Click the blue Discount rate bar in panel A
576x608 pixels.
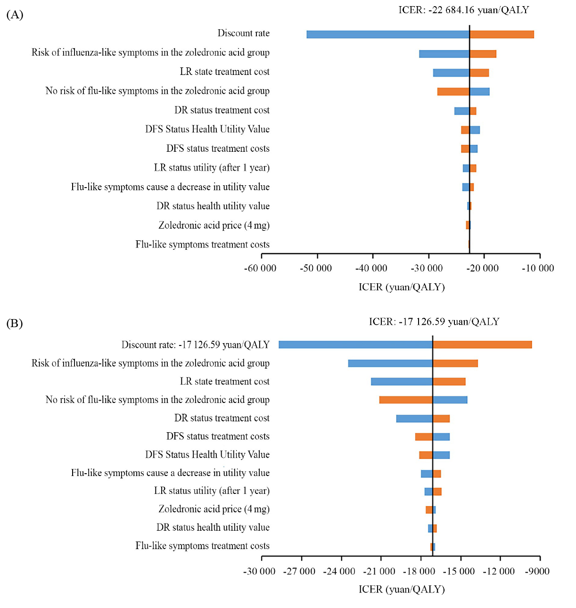coord(387,34)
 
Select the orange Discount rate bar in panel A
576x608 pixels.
coord(502,34)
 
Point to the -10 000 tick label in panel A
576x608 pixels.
coord(538,269)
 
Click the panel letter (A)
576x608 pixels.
coord(15,15)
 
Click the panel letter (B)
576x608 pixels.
coord(15,323)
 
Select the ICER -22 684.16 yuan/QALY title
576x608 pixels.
coord(463,10)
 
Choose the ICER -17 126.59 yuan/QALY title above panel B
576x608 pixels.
coord(434,322)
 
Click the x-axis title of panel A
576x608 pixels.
coord(402,287)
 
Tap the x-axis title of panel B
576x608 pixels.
coord(402,589)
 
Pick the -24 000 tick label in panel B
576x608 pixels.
coord(339,572)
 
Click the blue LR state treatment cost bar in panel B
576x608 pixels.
coord(402,382)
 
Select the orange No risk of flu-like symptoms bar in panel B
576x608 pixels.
coord(406,400)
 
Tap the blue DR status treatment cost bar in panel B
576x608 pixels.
coord(414,419)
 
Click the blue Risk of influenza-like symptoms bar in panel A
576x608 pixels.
coord(444,54)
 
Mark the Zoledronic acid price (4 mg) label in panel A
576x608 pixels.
coord(214,225)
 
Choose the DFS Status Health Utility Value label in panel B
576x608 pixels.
coord(207,455)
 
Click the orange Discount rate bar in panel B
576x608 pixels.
coord(482,345)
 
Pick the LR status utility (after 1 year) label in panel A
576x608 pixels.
coord(212,168)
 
